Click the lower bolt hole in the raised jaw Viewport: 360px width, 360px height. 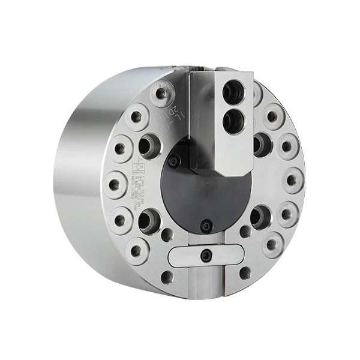[x=233, y=122]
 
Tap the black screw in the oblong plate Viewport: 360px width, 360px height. [x=206, y=256]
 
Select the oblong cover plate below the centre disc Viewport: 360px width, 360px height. [x=206, y=256]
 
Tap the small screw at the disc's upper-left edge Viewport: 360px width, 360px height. [x=174, y=161]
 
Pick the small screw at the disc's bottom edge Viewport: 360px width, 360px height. [x=206, y=226]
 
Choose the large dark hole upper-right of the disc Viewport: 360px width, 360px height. [x=262, y=143]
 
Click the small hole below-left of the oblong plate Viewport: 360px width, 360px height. [x=167, y=277]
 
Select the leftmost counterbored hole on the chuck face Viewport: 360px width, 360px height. [x=115, y=184]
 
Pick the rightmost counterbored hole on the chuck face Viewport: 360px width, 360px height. [x=292, y=180]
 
